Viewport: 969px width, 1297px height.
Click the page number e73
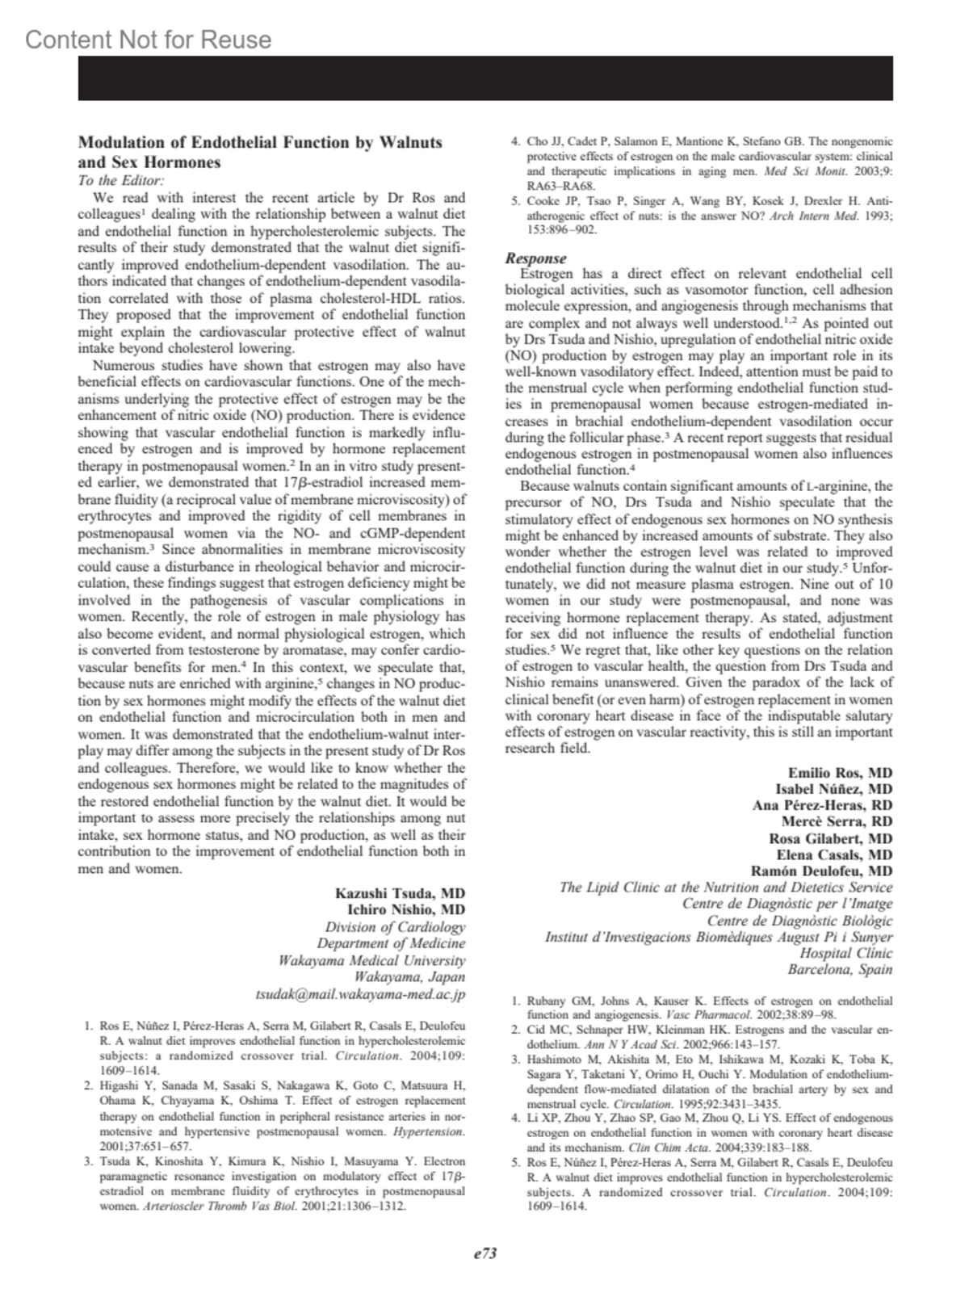tap(484, 1253)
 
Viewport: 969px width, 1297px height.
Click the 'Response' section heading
tap(535, 258)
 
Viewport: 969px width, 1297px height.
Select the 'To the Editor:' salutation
tap(121, 181)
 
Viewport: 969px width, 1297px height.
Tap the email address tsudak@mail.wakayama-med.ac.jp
tap(360, 995)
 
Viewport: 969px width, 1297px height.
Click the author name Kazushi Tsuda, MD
tap(400, 893)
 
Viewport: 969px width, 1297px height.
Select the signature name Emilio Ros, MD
tap(840, 773)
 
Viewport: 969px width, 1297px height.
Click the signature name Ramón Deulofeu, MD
tap(821, 871)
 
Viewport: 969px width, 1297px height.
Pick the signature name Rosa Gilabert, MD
tap(830, 838)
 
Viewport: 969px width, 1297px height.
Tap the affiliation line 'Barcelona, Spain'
tap(840, 970)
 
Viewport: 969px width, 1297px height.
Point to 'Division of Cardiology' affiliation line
tap(395, 927)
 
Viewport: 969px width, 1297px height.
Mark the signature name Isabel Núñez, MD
tap(833, 789)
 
